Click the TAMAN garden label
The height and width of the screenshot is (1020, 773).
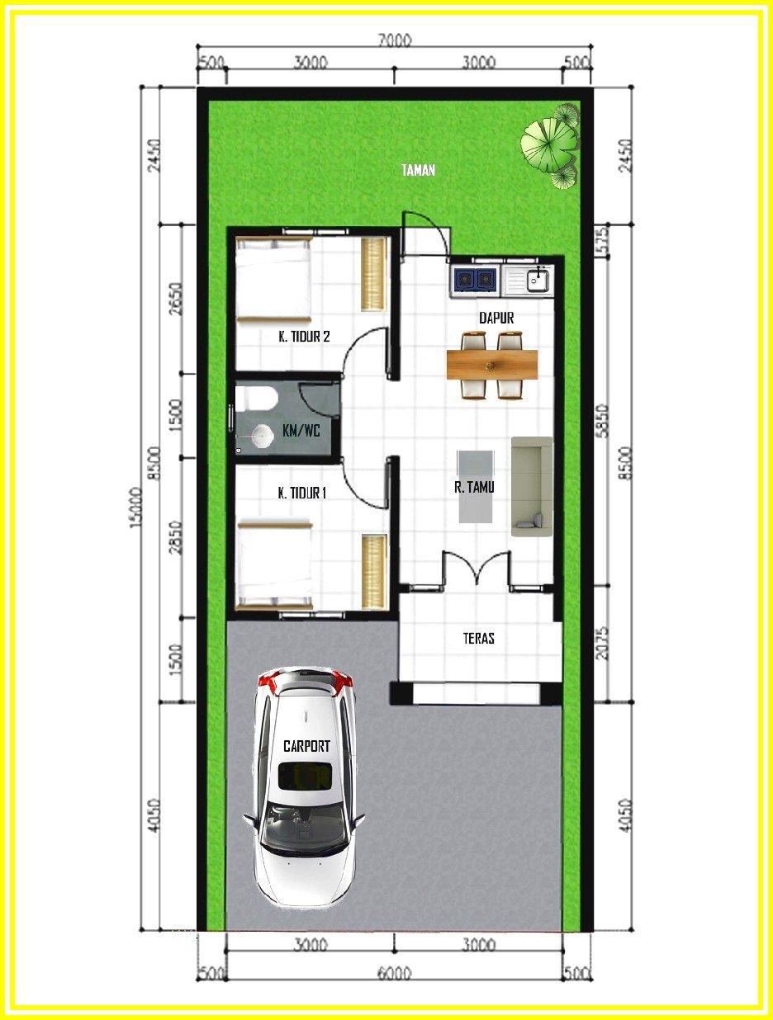click(x=418, y=171)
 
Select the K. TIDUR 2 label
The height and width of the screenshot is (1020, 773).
click(x=304, y=337)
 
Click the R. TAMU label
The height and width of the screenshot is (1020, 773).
click(x=474, y=487)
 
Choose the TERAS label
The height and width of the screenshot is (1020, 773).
click(x=479, y=638)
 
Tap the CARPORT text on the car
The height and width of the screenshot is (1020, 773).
click(x=306, y=746)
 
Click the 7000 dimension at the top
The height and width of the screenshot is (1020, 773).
click(x=394, y=41)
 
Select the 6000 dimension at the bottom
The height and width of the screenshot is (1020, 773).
click(x=394, y=974)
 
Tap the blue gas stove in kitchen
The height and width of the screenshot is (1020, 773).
click(x=475, y=281)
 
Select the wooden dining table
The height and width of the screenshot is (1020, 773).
click(x=492, y=364)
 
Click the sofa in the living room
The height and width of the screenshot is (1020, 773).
click(x=531, y=487)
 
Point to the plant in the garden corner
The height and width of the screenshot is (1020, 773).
click(x=552, y=144)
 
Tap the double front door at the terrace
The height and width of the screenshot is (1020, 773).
click(x=477, y=569)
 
